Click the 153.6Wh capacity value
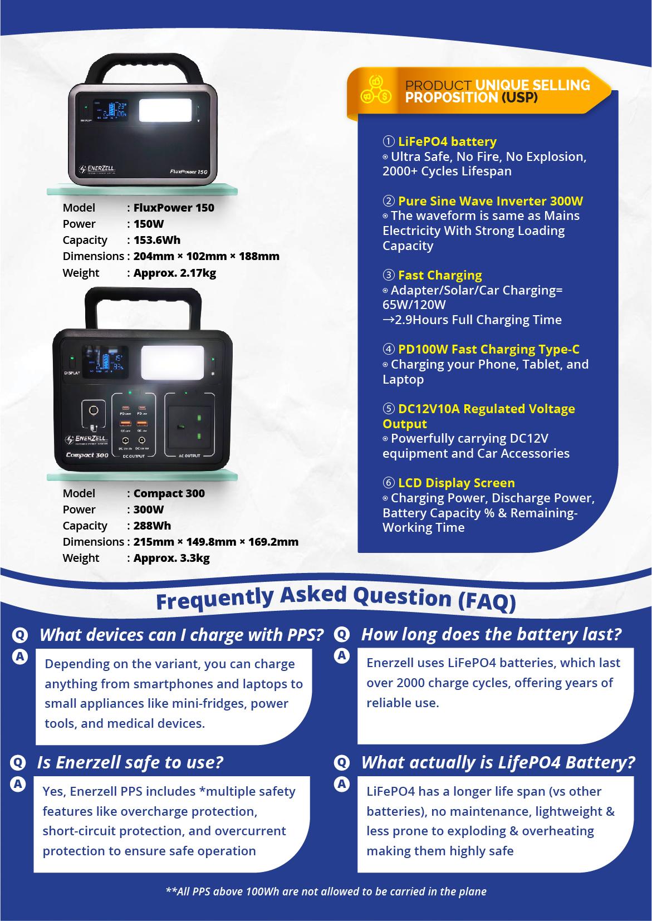(x=156, y=240)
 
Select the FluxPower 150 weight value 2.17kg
(x=174, y=273)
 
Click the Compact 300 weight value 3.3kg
(x=171, y=558)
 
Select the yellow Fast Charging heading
(x=440, y=275)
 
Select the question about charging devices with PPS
(x=182, y=635)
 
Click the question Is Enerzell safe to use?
(x=130, y=762)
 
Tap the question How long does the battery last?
(x=491, y=634)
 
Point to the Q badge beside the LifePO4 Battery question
(x=341, y=762)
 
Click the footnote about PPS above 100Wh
(x=326, y=891)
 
